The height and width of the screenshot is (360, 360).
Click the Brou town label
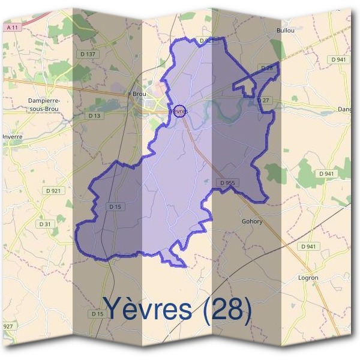[x=139, y=94]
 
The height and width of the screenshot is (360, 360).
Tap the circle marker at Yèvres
[x=180, y=110]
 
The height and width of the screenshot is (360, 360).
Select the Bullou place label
[x=285, y=29]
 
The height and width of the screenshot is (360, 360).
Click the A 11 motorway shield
[x=11, y=28]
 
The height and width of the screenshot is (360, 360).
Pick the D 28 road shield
[x=268, y=68]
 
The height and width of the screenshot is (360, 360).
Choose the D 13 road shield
[x=94, y=115]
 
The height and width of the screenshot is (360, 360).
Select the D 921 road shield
[x=52, y=191]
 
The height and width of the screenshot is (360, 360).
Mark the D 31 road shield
[x=45, y=224]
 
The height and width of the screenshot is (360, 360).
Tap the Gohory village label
[x=252, y=221]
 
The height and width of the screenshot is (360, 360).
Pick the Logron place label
[x=308, y=278]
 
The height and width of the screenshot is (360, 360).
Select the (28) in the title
[x=227, y=309]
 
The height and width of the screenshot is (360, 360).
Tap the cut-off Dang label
[x=344, y=109]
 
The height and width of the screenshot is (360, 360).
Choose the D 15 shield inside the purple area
[x=116, y=207]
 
